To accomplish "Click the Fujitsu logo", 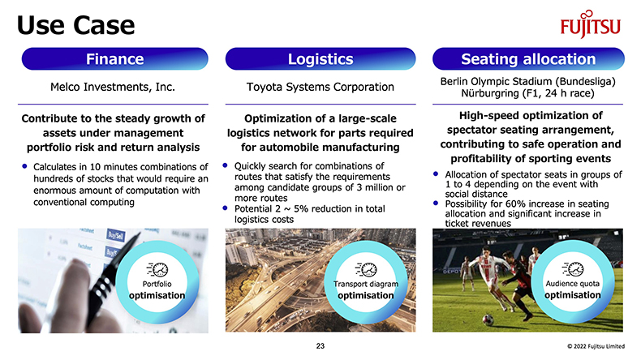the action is coord(591,24).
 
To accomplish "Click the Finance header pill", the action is coord(115,59).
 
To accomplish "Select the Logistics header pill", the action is coord(320,59).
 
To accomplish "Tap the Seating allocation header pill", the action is coord(528,59).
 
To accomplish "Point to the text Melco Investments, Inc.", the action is coord(113,87).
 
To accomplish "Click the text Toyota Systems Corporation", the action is coord(320,87).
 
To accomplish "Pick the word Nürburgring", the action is coord(490,93).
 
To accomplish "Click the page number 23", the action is coord(320,346).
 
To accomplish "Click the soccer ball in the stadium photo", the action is coord(488,319).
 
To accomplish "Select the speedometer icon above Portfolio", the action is coord(157,270).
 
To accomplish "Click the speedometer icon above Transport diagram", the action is coord(366,270).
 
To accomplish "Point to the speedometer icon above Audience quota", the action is coord(573,269).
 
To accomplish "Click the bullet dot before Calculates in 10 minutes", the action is coord(24,166).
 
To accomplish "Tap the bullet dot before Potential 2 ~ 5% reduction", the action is coord(225,208).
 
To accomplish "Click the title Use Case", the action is coord(76,25).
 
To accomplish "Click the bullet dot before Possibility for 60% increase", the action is coord(436,203).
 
